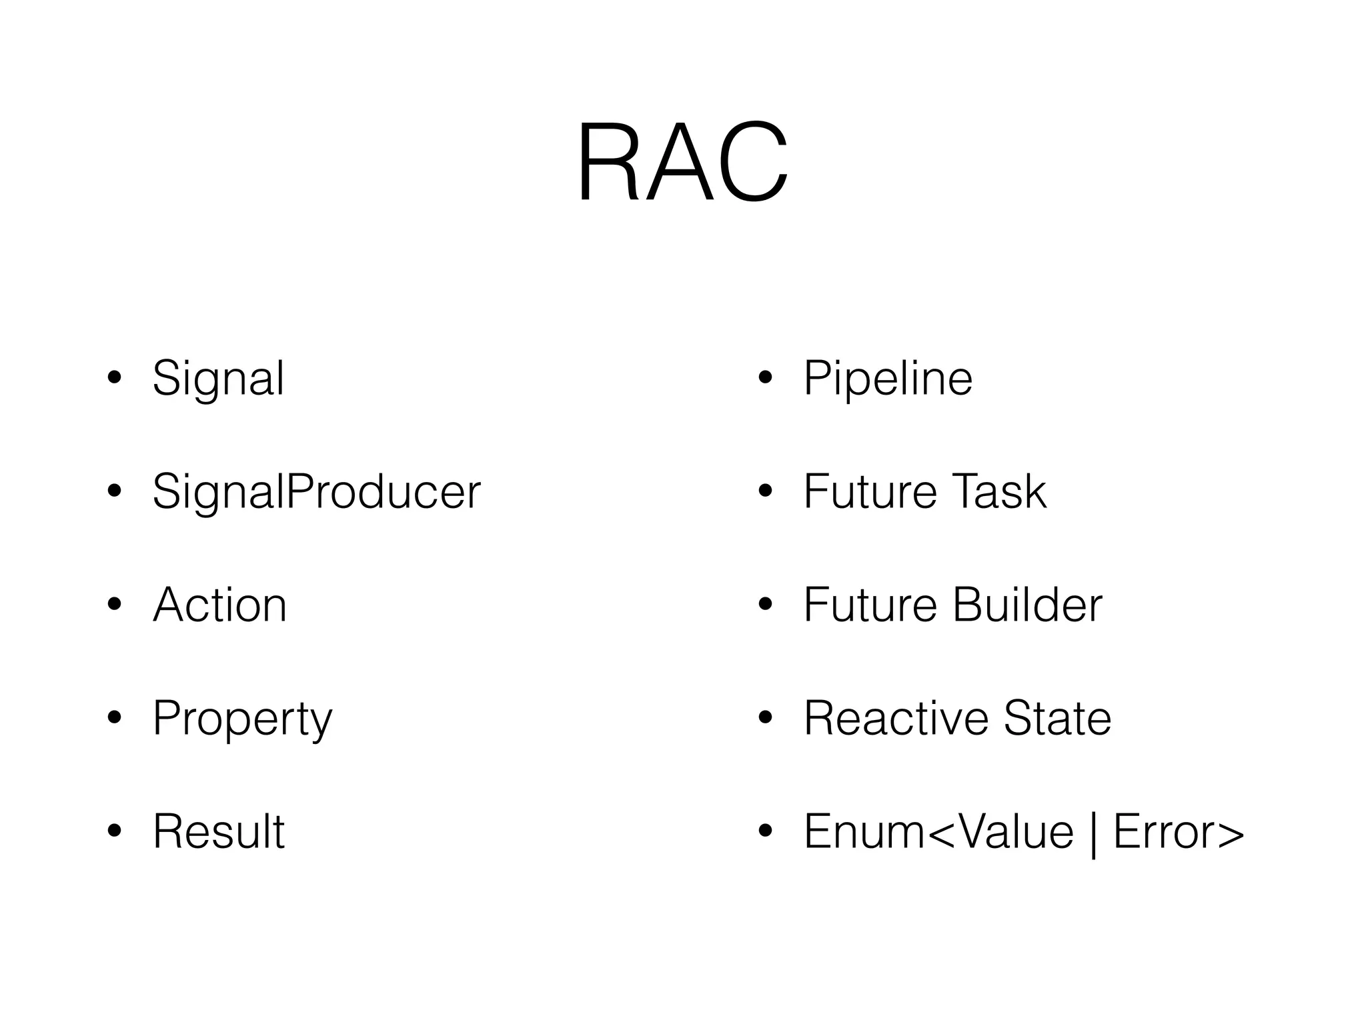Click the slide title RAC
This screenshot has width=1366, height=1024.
point(682,161)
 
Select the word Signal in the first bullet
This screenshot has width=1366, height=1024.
point(218,378)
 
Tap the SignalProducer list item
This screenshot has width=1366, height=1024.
point(316,491)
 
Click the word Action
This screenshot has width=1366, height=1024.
point(219,605)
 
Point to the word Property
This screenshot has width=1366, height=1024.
point(242,719)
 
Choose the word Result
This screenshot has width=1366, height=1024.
point(219,831)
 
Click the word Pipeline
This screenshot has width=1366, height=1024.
point(888,378)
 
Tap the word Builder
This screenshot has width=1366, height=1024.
point(1027,605)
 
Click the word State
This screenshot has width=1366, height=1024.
point(1057,718)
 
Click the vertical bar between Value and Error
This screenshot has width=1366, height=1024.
point(1093,833)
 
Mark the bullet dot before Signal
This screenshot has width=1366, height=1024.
point(115,378)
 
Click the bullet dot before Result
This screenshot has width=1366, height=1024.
point(115,831)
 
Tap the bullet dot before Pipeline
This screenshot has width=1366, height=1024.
point(765,378)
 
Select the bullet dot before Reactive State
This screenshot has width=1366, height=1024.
point(765,718)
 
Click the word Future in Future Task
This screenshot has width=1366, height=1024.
point(870,491)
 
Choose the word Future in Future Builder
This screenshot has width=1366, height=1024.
point(870,605)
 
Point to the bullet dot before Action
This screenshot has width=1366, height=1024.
point(115,605)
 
